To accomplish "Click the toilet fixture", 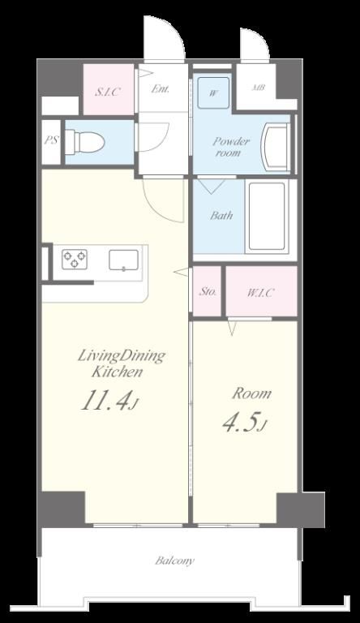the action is point(84,142).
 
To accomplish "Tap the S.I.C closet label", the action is point(107,92).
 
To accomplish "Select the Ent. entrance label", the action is point(160,88).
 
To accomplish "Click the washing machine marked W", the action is point(213,93).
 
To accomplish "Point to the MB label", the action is point(259,88).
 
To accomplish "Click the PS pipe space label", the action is point(51,140).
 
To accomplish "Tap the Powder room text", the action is point(231,146).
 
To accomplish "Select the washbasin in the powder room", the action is point(276,147).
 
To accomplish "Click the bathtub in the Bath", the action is point(267,217).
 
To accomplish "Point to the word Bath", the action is point(221,215).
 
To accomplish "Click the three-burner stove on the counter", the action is point(75,259).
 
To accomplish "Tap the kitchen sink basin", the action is point(123,260).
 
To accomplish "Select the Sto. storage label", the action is point(208,292).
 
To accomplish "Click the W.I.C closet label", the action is point(260,293).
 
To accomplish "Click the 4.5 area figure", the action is point(243,423).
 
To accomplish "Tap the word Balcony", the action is point(175,561).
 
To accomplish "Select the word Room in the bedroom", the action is point(252,393).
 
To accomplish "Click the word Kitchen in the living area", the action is point(118,372).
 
